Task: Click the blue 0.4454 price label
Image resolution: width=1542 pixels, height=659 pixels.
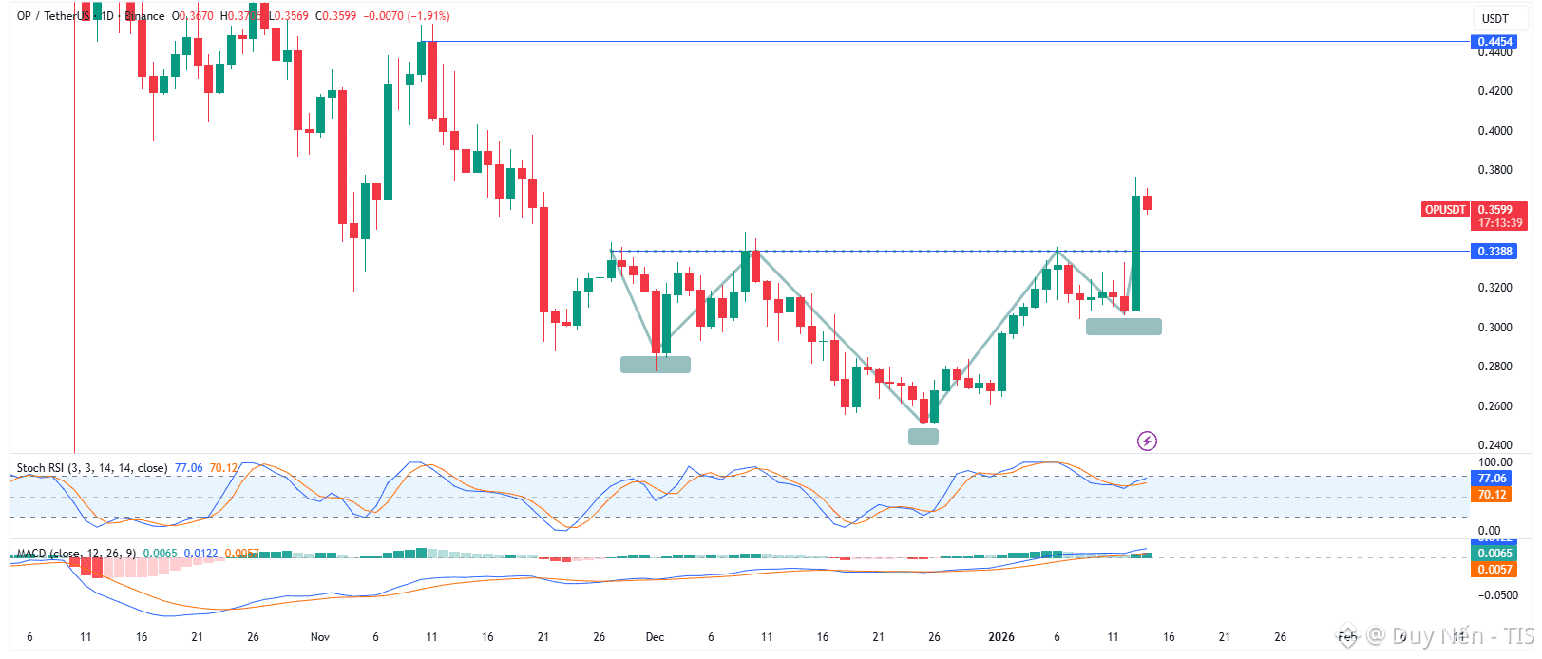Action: coord(1494,42)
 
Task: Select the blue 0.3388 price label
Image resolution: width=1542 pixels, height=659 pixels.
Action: coord(1494,252)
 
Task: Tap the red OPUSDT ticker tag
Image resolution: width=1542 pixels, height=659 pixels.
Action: coord(1444,210)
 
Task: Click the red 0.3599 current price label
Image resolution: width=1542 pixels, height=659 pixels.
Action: coord(1499,210)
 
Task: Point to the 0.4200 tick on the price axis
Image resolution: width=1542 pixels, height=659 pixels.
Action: coord(1494,91)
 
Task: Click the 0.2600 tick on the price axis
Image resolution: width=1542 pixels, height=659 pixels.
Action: coord(1494,406)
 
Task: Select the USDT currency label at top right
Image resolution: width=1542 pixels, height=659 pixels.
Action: coord(1494,19)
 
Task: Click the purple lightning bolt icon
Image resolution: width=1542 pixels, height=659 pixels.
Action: coord(1147,441)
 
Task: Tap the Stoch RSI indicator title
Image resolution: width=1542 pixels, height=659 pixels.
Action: coord(91,468)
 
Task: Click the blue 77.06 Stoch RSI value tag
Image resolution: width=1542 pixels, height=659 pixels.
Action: coord(1492,479)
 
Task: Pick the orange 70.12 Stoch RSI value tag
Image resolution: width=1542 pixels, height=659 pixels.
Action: coord(1492,495)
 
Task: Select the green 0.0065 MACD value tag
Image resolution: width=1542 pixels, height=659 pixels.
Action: coord(1494,554)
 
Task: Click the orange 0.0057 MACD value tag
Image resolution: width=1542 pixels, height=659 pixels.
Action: coord(1494,570)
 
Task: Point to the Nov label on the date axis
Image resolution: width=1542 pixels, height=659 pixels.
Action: coord(320,637)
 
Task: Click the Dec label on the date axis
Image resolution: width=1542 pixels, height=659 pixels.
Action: coord(655,637)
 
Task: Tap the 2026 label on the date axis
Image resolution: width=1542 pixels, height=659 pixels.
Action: coord(1001,637)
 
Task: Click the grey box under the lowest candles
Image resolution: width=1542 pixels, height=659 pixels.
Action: coord(923,437)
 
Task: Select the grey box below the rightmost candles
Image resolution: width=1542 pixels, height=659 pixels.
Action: coord(1123,327)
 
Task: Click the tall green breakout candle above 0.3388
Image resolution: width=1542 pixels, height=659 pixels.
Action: coord(1135,253)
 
